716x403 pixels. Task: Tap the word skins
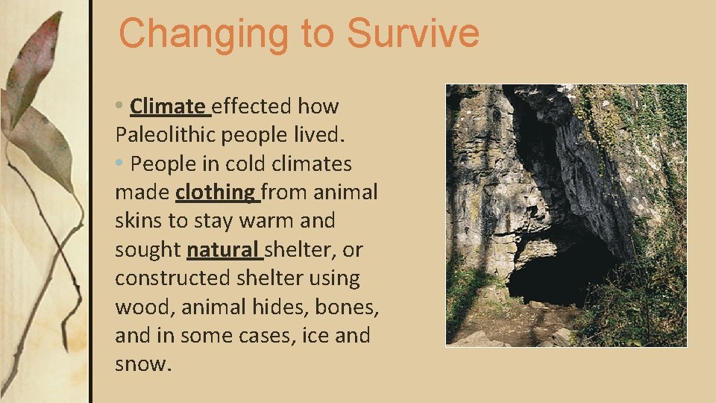pyautogui.click(x=138, y=221)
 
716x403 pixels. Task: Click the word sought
pyautogui.click(x=147, y=250)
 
